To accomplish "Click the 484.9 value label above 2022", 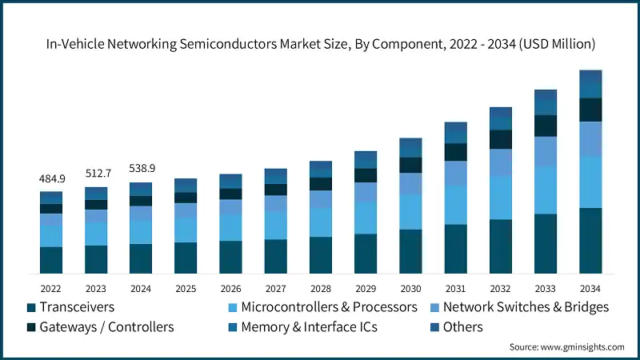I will pos(51,178).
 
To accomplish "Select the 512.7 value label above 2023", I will pos(96,174).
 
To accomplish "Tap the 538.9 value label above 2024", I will pos(141,169).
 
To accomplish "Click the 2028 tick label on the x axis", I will pos(320,288).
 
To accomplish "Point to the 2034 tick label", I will pos(590,288).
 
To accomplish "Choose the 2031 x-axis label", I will pos(455,288).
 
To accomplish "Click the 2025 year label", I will pos(186,288).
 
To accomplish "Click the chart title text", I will pos(320,42).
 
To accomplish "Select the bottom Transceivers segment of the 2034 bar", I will pos(590,241).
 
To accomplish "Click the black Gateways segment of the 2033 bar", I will pos(545,126).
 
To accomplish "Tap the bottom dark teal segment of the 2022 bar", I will pos(51,261).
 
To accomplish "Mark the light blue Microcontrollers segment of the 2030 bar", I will pos(410,212).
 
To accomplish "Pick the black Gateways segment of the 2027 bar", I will pos(275,190).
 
